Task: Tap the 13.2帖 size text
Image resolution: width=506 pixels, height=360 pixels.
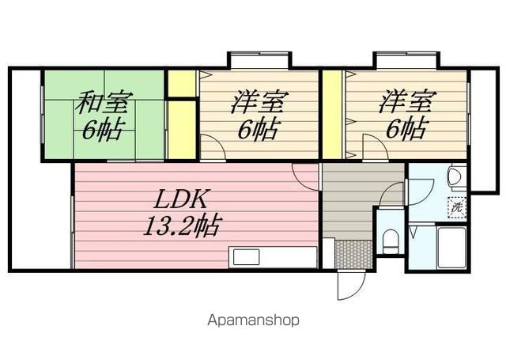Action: point(181,226)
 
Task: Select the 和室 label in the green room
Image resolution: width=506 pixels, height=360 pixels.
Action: point(104,104)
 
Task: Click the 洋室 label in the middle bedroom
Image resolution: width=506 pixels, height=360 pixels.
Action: point(258,104)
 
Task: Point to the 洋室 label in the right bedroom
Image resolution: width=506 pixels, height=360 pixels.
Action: point(406,103)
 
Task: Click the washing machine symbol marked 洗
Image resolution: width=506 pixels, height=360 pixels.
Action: point(457,207)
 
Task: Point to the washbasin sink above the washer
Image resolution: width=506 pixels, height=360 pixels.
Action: point(456,177)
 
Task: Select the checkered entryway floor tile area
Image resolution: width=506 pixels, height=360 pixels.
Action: point(353,253)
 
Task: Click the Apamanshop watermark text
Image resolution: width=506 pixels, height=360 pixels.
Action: point(253,320)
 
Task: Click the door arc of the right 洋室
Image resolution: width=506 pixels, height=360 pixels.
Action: point(372,147)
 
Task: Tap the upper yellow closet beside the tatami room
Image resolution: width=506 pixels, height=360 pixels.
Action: point(181,83)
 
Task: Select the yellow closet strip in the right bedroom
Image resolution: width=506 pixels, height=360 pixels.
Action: point(332,115)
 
